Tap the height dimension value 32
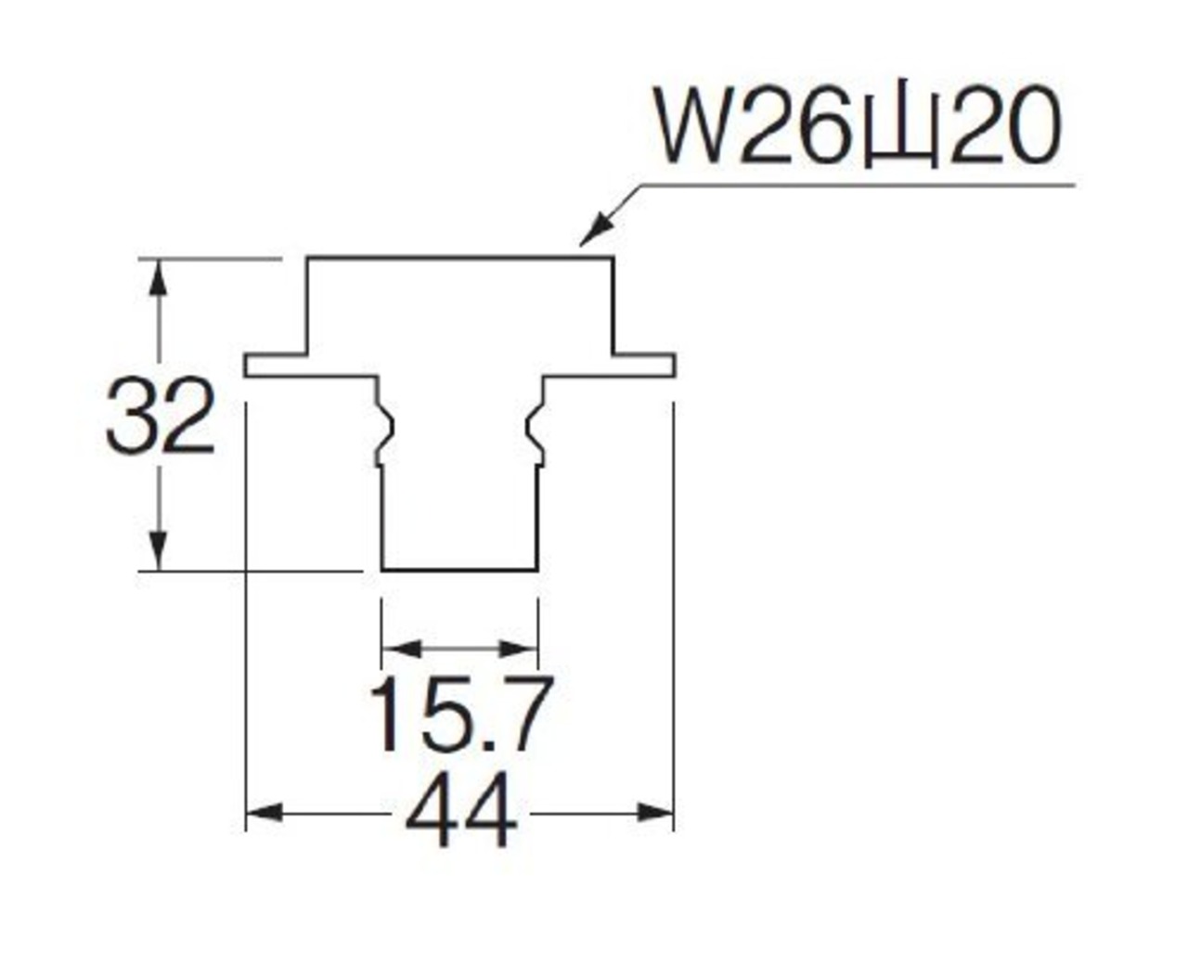[160, 417]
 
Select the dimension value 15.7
[460, 715]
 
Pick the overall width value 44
[461, 810]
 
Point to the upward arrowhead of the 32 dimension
[159, 279]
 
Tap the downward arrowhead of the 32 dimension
[159, 551]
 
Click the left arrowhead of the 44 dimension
[265, 812]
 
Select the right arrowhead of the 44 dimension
[655, 812]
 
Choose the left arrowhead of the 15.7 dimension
[401, 650]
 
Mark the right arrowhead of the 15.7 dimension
[519, 650]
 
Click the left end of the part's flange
[246, 366]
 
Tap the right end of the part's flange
[674, 366]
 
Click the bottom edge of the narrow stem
[459, 569]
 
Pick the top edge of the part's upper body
[459, 257]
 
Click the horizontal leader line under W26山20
[858, 186]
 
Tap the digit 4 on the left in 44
[432, 810]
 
